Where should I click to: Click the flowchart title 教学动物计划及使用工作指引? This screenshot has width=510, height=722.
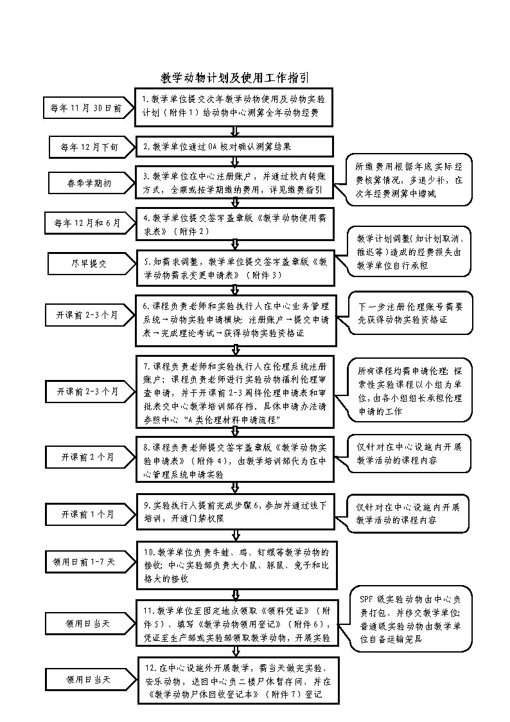[234, 78]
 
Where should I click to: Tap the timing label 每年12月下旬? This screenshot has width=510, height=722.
[89, 147]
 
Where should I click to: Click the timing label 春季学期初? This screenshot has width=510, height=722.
[89, 183]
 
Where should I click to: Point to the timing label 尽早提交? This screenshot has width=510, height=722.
[89, 263]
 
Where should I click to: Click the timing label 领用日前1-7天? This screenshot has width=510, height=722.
[84, 562]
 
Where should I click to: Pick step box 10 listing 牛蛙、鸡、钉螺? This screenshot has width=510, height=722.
[238, 564]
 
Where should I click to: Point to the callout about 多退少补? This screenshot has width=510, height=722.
[409, 179]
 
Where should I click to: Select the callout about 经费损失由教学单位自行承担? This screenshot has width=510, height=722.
[409, 251]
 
